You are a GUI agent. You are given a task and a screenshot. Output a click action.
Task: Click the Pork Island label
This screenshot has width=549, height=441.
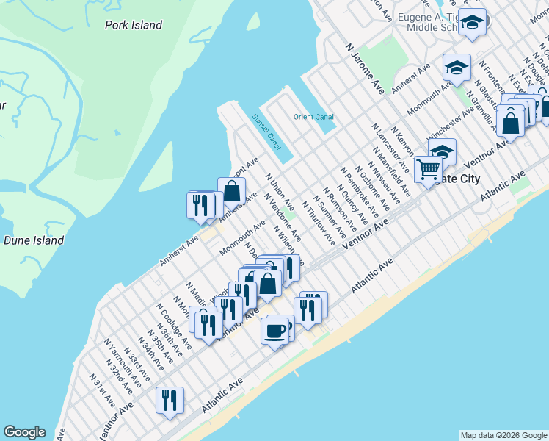coord(133,25)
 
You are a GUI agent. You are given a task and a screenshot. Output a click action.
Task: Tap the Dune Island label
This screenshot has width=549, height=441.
coord(33,240)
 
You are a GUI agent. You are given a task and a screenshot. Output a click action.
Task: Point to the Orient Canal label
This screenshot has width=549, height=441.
coord(313,117)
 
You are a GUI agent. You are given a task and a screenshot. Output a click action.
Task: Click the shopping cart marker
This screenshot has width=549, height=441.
coord(428,168)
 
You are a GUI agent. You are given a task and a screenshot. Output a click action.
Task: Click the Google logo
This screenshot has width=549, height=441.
coord(24,432)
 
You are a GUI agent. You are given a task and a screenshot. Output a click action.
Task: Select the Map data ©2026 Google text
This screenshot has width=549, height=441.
coord(503,435)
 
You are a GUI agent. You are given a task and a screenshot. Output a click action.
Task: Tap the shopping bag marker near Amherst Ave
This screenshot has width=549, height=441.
coord(232,190)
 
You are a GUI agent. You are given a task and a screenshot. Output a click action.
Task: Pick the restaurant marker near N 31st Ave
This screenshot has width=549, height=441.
coord(170,401)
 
